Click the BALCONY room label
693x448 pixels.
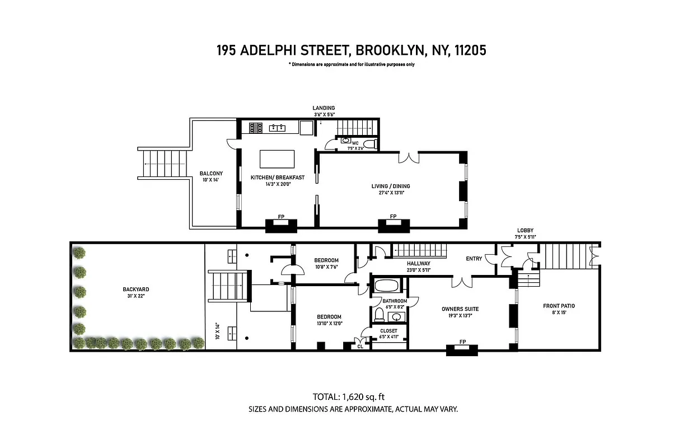[x=211, y=174]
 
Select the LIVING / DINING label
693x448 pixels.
[x=391, y=186]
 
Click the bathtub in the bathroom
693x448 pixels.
[x=386, y=286]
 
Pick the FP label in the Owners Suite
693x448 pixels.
[x=462, y=342]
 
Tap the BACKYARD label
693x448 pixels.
[x=136, y=290]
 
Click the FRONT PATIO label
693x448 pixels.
[x=559, y=306]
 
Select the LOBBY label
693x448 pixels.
[x=525, y=230]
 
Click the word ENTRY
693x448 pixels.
[x=474, y=259]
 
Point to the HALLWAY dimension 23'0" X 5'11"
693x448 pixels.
[x=418, y=270]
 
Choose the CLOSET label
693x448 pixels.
[x=388, y=331]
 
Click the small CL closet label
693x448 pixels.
[x=361, y=347]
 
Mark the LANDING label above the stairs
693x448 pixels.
[x=324, y=108]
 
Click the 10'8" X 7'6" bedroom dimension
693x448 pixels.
[x=326, y=267]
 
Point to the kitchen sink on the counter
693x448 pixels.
[x=277, y=128]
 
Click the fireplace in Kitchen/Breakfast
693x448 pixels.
[x=280, y=225]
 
